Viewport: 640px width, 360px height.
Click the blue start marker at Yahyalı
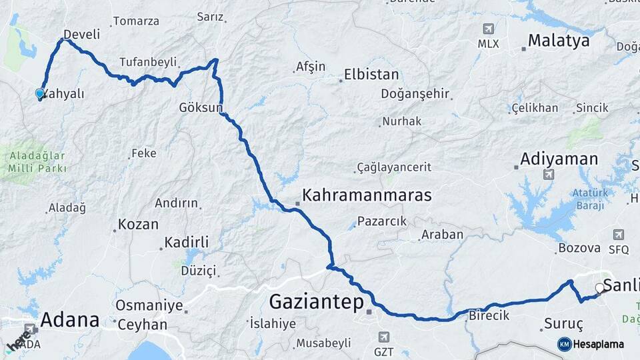pos(40,94)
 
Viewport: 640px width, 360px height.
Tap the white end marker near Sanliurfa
pos(600,288)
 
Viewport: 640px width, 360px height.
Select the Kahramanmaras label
pos(367,195)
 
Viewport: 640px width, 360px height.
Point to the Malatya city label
pos(559,41)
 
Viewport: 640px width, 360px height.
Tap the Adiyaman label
pos(559,159)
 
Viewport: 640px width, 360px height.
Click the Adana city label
pos(69,320)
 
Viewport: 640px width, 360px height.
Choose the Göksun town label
pos(199,107)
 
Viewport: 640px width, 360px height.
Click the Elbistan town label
pos(371,75)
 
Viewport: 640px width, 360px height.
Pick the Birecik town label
pos(489,315)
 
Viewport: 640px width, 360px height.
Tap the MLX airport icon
pos(488,30)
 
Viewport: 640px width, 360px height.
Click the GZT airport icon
pos(383,337)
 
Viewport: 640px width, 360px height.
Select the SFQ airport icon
pos(618,235)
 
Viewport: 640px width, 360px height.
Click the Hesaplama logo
pos(591,344)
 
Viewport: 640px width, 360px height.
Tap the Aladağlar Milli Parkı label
pos(37,162)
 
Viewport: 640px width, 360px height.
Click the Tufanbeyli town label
pos(148,62)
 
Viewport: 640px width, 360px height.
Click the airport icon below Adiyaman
pos(549,175)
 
